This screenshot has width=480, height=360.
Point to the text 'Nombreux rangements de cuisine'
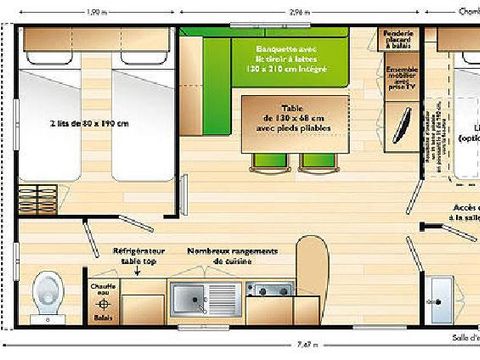coord(232,257)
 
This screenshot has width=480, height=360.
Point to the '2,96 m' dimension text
coord(290,12)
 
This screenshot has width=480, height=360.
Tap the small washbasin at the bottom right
coord(436,296)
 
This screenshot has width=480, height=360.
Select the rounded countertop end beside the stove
coord(312,270)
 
